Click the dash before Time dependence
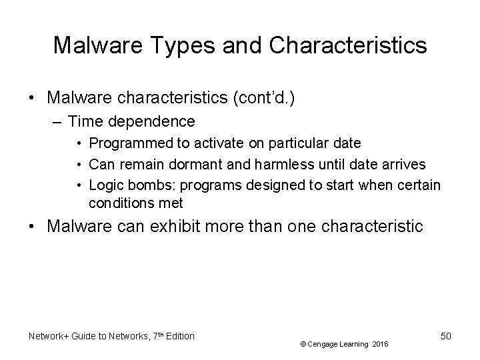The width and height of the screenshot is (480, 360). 58,121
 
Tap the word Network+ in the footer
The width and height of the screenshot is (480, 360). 51,336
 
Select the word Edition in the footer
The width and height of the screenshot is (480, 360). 178,336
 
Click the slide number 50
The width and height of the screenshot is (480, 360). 445,336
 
